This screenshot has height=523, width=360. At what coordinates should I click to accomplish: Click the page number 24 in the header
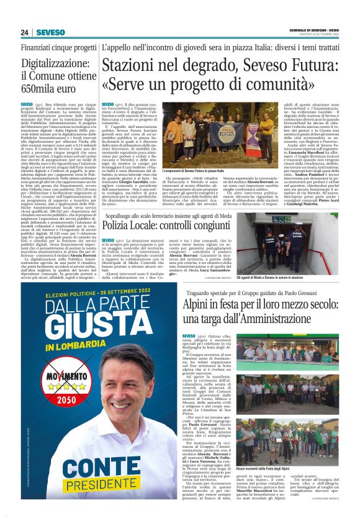pyautogui.click(x=24, y=32)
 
